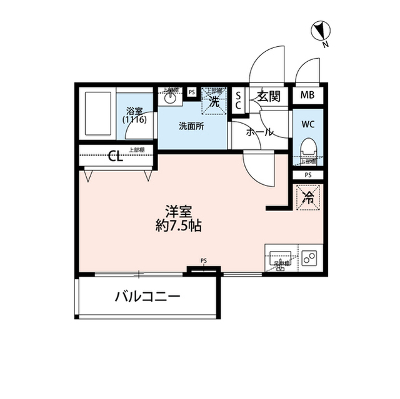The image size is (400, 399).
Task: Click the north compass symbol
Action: tap(322, 30)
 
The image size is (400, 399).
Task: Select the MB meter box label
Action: tap(307, 96)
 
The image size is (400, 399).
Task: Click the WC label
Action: tap(307, 124)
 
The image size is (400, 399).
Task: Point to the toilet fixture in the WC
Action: tap(307, 149)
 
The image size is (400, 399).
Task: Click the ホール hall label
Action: tap(259, 132)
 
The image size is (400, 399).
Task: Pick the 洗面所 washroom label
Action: tap(191, 126)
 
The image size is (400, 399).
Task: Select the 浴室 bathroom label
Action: tap(134, 109)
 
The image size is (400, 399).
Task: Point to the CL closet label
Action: tap(115, 156)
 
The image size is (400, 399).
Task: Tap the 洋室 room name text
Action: tap(178, 212)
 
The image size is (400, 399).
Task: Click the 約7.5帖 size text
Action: tap(178, 226)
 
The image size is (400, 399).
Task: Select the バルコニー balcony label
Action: tap(147, 295)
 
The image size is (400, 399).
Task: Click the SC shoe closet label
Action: tap(239, 100)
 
